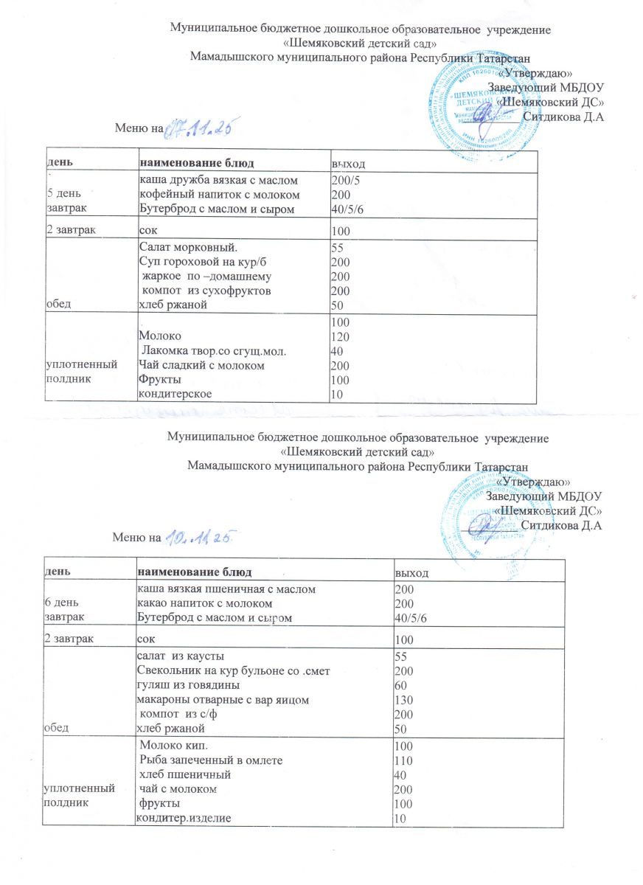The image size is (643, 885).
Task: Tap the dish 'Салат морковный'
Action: point(188,249)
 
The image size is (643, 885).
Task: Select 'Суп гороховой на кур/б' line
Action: point(202,263)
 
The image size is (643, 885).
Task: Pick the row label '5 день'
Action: point(63,195)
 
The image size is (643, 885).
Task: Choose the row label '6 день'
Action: point(63,603)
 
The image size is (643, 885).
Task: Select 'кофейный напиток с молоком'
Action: point(219,195)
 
